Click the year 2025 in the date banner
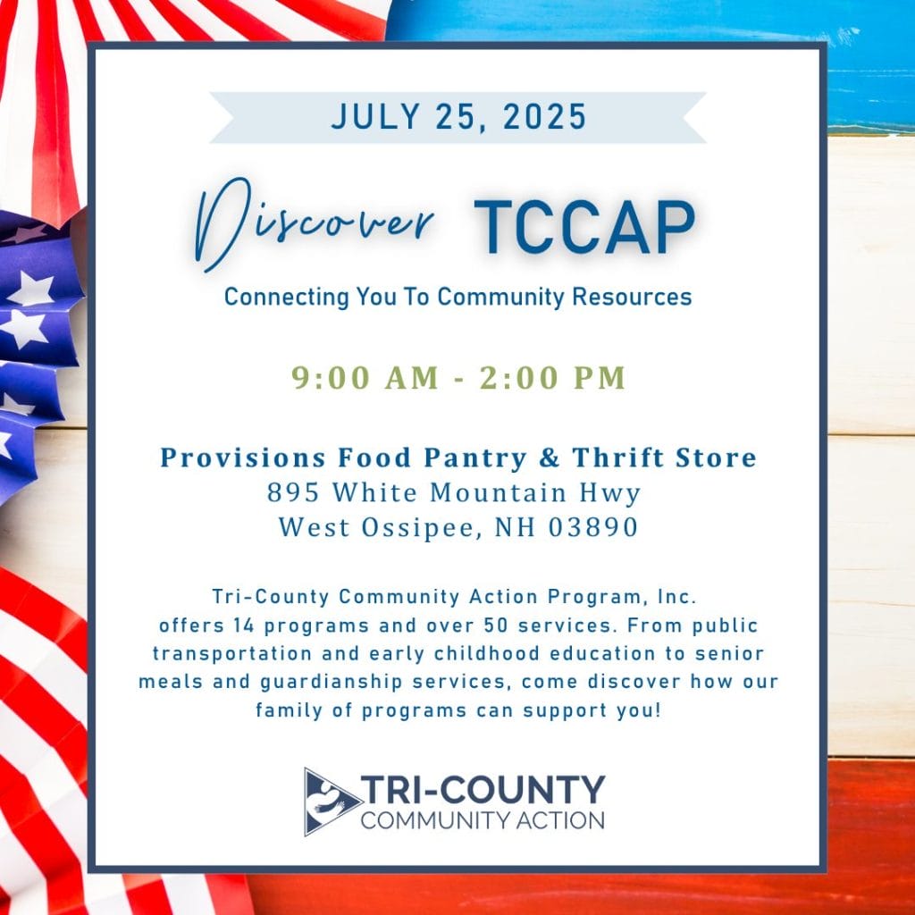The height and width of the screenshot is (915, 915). (544, 117)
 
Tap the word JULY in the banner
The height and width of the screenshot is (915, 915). (376, 117)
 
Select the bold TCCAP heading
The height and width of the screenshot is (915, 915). (584, 228)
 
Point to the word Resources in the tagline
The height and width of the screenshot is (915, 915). (632, 297)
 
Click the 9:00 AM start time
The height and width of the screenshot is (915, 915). (365, 378)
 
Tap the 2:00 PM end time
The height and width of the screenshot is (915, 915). (552, 378)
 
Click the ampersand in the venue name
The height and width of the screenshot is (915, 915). (550, 457)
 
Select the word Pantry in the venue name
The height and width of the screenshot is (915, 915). (475, 458)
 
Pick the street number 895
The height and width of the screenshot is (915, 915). (293, 492)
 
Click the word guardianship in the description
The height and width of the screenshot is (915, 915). (331, 682)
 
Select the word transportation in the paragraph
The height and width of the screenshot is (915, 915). (232, 653)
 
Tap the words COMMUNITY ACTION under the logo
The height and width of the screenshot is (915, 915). (483, 820)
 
